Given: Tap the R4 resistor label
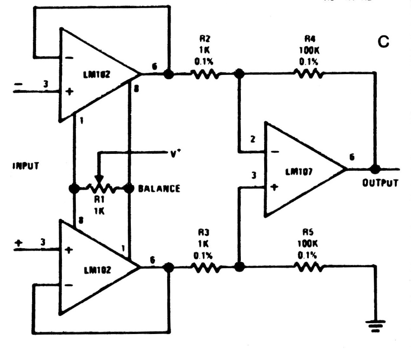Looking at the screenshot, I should (307, 39).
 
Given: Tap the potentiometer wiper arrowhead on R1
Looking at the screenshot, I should (99, 180).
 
